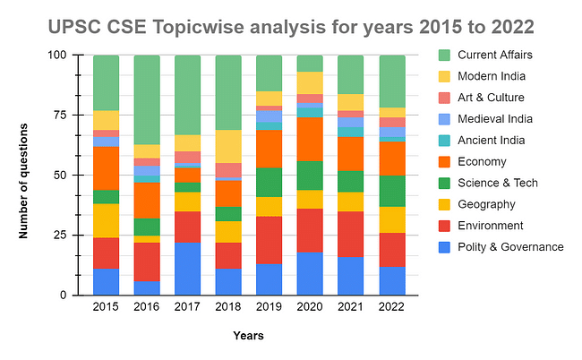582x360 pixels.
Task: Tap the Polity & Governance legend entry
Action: (x=509, y=247)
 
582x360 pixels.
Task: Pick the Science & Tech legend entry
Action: (x=496, y=184)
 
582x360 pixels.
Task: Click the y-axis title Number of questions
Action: (x=24, y=176)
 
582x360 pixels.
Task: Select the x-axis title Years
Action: (x=248, y=337)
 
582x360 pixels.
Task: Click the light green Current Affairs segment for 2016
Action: (x=147, y=99)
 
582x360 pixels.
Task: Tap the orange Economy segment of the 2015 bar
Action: (x=106, y=167)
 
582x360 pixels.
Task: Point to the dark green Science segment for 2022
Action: (x=391, y=191)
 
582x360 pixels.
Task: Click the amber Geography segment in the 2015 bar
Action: (x=106, y=220)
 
